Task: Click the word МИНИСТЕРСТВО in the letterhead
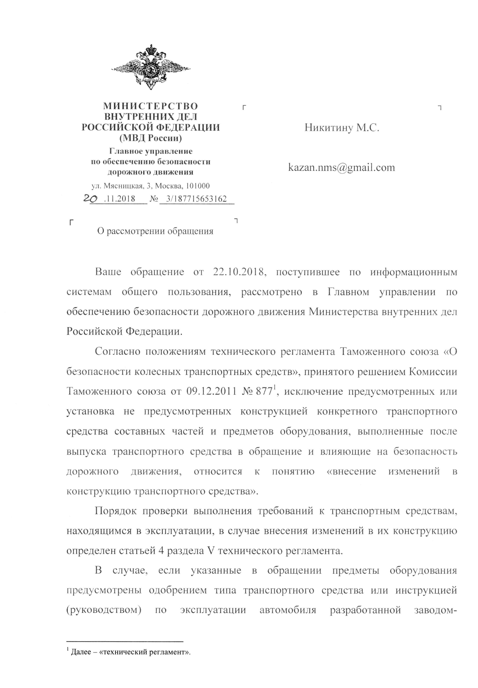coord(151,106)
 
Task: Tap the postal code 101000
coord(198,186)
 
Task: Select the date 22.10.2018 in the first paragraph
coord(240,272)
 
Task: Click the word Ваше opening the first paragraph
coord(108,272)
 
